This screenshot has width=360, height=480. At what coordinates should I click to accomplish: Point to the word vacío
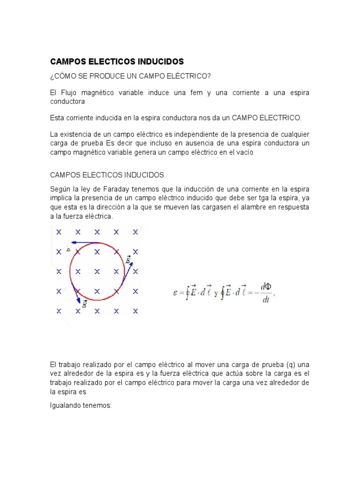pos(244,152)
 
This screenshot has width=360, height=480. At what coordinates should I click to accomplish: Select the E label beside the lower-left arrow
pos(84,304)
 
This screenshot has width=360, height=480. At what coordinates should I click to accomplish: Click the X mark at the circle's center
pos(97,271)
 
